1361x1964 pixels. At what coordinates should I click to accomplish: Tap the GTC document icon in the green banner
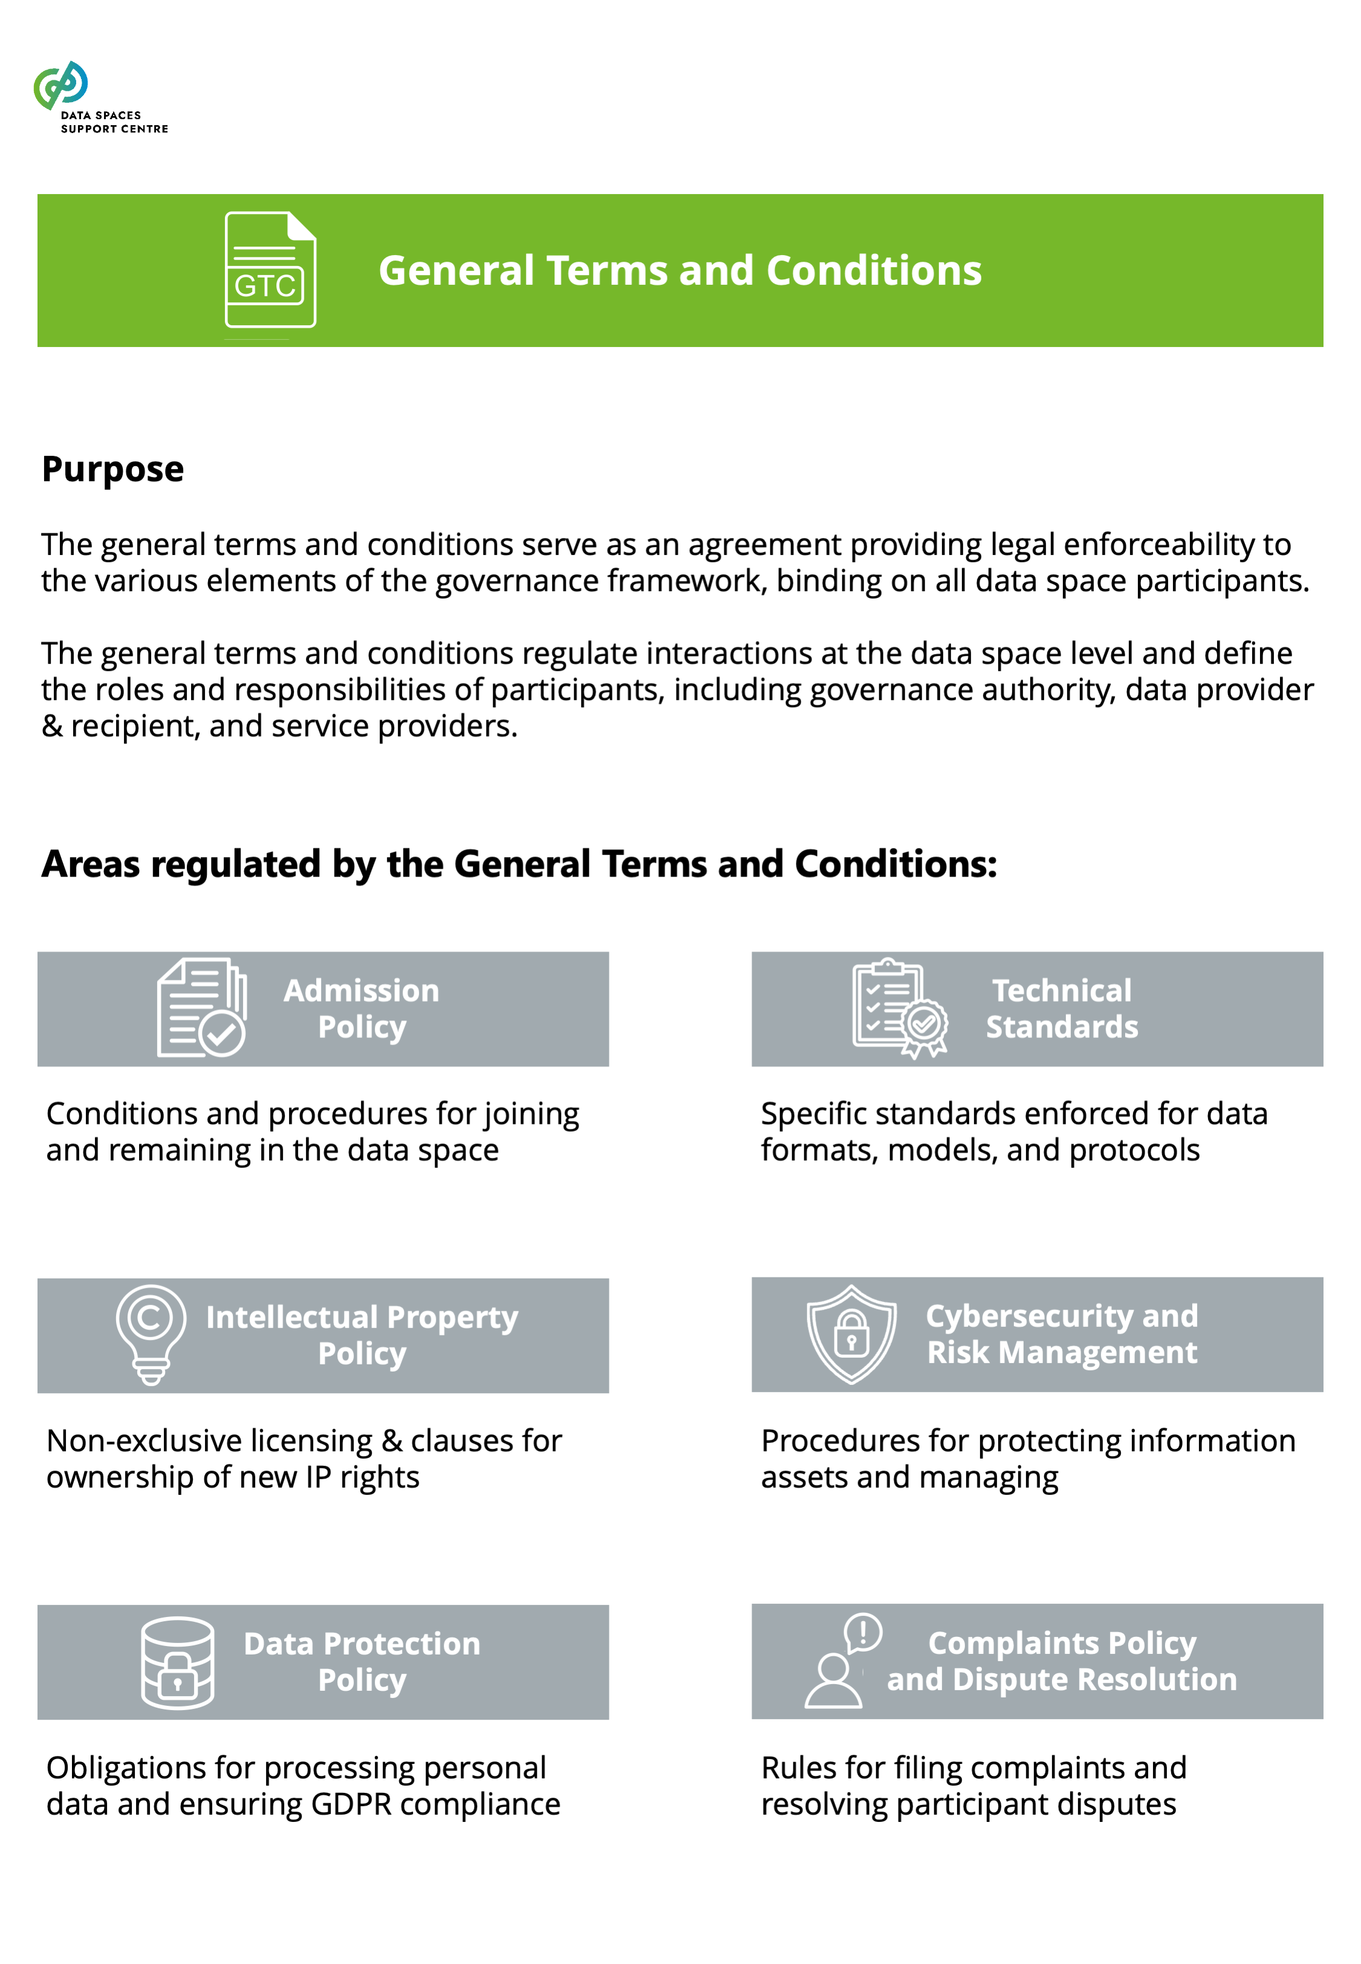270,270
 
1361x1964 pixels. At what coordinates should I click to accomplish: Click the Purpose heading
112,470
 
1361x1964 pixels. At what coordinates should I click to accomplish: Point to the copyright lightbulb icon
151,1334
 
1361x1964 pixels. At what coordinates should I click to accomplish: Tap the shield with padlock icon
851,1334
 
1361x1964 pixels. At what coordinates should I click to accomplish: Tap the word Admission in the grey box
362,991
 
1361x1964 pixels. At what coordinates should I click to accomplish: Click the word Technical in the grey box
1062,991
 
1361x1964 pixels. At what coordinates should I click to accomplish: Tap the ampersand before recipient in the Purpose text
52,726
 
